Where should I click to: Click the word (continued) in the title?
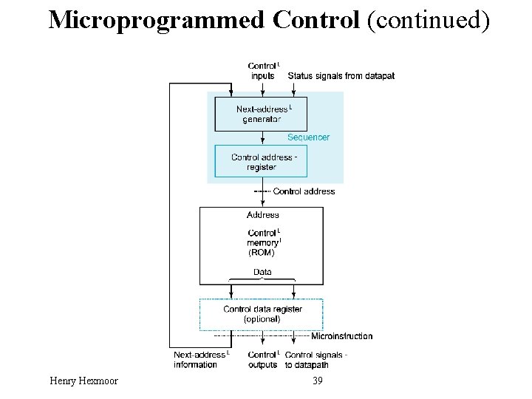[x=428, y=20]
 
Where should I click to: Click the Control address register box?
[x=261, y=161]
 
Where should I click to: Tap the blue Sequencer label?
[x=308, y=137]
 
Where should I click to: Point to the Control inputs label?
[x=262, y=71]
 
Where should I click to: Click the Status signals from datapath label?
[x=341, y=75]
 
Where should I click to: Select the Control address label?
[x=304, y=191]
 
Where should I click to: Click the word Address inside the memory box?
[x=262, y=215]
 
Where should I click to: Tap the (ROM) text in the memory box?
[x=261, y=252]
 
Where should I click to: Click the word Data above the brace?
[x=262, y=272]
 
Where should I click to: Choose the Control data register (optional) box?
[x=262, y=314]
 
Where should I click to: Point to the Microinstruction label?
[x=341, y=336]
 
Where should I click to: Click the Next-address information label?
[x=201, y=359]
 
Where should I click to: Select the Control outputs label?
[x=262, y=359]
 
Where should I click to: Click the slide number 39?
[x=318, y=381]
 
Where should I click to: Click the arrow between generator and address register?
[x=262, y=138]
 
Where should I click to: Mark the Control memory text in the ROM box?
[x=262, y=237]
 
